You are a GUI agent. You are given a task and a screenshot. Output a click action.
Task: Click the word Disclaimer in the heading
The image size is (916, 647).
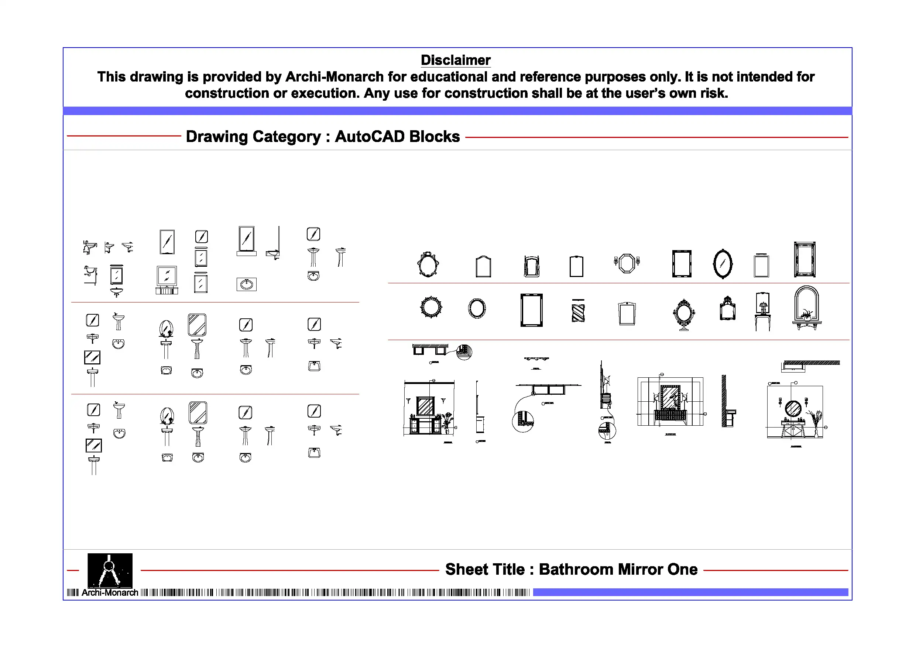click(x=455, y=60)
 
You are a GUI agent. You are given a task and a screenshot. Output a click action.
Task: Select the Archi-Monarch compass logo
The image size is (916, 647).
click(x=110, y=570)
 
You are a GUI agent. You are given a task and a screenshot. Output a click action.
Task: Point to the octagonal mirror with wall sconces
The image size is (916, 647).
click(x=627, y=263)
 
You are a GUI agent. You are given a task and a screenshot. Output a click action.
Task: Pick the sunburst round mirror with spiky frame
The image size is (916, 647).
click(x=431, y=307)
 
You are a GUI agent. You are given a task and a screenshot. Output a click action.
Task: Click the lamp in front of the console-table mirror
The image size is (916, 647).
click(x=763, y=307)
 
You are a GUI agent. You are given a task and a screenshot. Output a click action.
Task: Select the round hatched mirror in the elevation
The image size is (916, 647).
click(x=793, y=408)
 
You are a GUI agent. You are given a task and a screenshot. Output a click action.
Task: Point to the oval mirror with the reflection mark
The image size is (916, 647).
click(x=723, y=263)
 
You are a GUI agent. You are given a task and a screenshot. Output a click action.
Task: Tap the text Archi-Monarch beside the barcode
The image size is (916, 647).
click(x=110, y=593)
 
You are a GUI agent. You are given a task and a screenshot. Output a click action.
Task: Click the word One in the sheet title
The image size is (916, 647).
click(x=683, y=569)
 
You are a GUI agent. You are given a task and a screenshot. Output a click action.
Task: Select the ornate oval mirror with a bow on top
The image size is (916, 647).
click(x=428, y=264)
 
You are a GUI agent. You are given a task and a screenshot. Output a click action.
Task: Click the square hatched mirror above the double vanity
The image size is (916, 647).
click(x=425, y=406)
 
